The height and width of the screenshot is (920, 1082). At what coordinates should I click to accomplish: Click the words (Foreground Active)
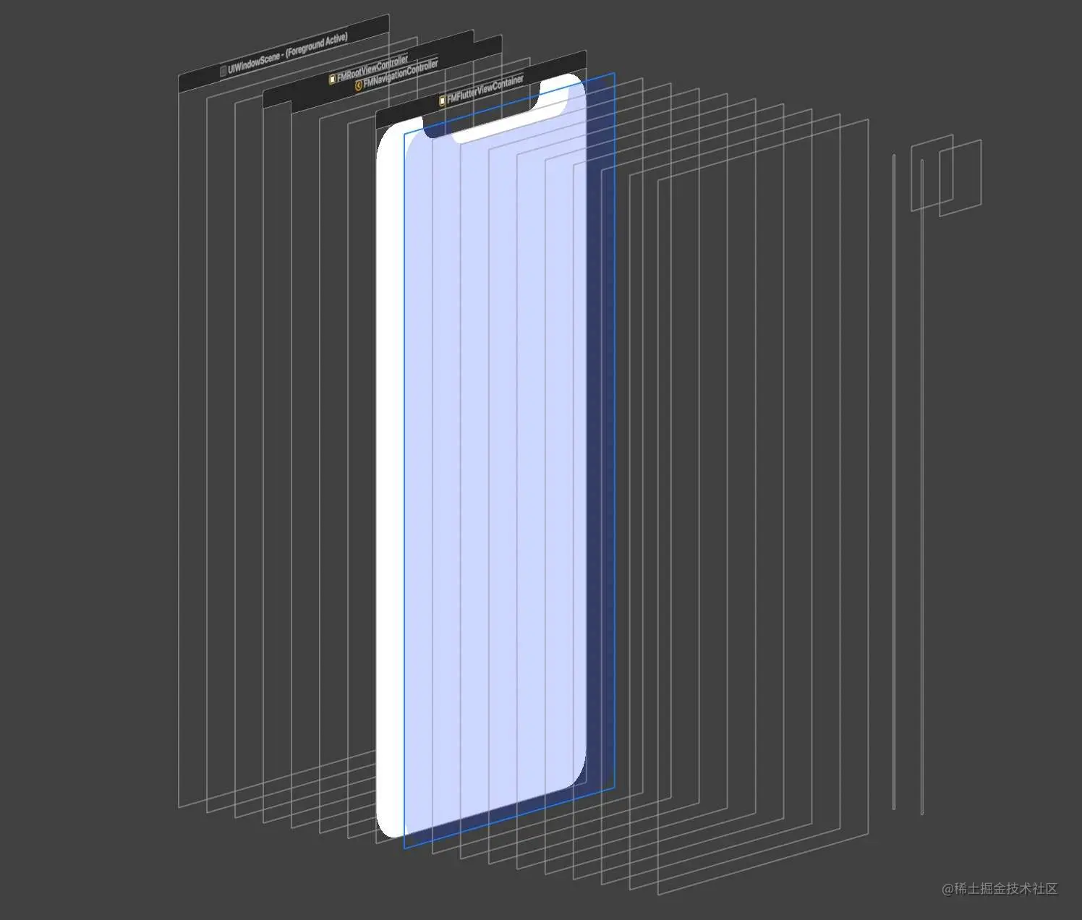point(317,45)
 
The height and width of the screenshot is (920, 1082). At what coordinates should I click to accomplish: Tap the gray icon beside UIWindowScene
point(223,71)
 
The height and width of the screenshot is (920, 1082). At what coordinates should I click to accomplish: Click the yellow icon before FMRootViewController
point(333,79)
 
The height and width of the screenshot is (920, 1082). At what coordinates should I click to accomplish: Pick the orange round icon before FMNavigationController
point(359,85)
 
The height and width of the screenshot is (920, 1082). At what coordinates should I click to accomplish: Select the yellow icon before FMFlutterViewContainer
point(443,101)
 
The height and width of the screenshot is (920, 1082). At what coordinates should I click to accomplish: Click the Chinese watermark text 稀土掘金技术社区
point(1006,889)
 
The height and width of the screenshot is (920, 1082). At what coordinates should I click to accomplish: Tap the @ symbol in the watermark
point(947,890)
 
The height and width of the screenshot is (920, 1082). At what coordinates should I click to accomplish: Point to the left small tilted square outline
point(931,174)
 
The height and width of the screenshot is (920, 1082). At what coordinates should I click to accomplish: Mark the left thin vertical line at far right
point(894,477)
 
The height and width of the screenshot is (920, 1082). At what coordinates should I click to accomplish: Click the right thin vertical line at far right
point(922,485)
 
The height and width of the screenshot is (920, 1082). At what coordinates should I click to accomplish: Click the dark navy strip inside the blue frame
point(600,434)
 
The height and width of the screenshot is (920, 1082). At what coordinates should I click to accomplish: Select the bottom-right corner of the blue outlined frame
point(614,788)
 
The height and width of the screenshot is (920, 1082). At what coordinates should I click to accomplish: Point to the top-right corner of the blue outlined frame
point(614,74)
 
